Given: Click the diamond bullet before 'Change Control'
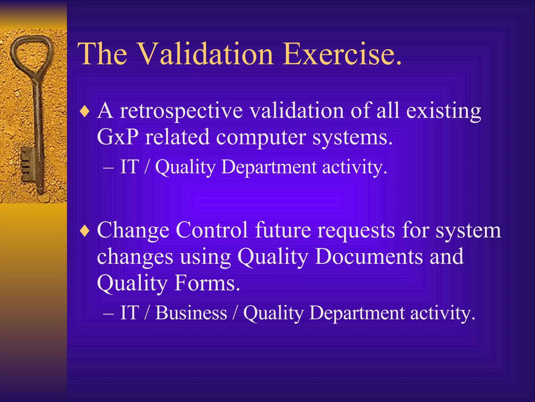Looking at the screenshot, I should (85, 231).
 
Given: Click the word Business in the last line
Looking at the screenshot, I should (191, 313).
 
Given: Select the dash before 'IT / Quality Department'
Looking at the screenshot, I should (108, 167).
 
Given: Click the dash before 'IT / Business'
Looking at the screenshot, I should (108, 313).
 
